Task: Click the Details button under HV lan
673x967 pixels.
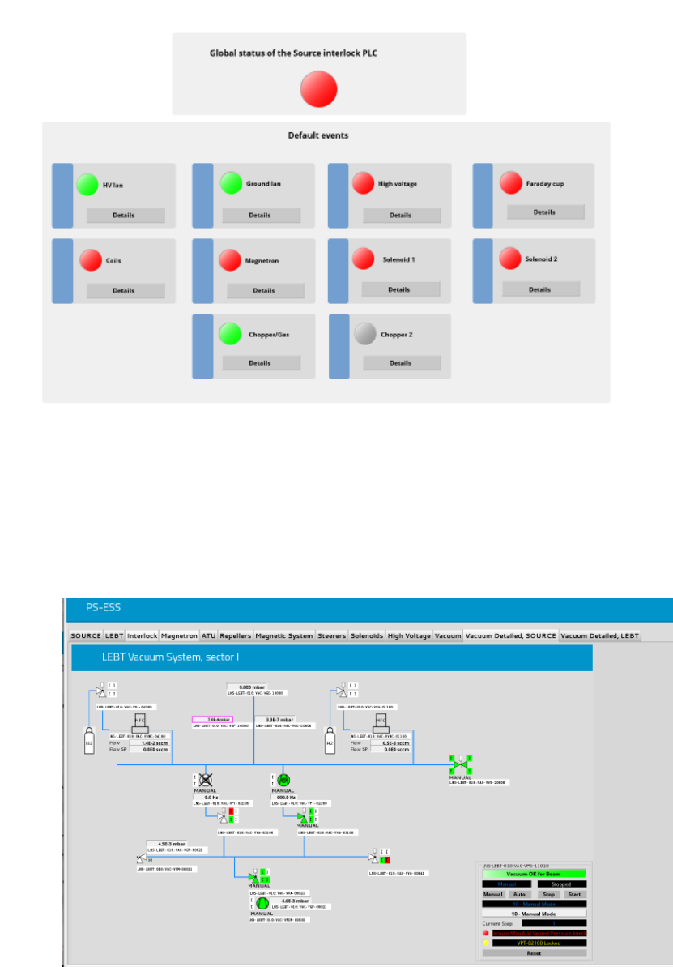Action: pyautogui.click(x=125, y=216)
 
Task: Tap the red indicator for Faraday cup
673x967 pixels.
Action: pyautogui.click(x=510, y=183)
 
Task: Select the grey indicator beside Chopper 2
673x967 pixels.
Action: pyautogui.click(x=366, y=334)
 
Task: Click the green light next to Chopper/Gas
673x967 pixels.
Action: pyautogui.click(x=231, y=334)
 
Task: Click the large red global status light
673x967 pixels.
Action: pyautogui.click(x=318, y=88)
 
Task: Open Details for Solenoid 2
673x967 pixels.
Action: pyautogui.click(x=540, y=289)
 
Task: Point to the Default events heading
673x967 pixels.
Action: pyautogui.click(x=318, y=135)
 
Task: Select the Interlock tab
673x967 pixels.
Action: pyautogui.click(x=142, y=636)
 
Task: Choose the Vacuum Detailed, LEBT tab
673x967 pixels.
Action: pyautogui.click(x=599, y=636)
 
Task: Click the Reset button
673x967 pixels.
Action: pyautogui.click(x=534, y=953)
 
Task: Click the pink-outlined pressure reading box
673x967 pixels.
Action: pyautogui.click(x=211, y=719)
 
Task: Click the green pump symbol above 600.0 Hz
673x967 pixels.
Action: pyautogui.click(x=283, y=780)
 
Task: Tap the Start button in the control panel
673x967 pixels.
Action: pyautogui.click(x=573, y=894)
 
